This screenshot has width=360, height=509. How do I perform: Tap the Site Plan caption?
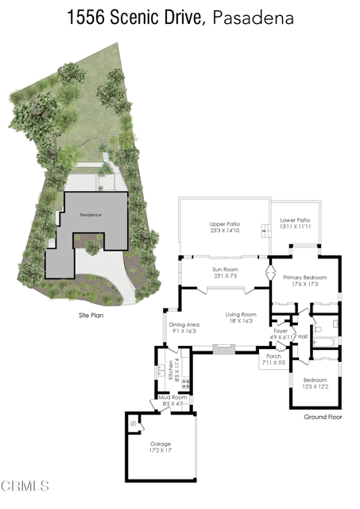87,315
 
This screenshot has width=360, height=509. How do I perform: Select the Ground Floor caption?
322,416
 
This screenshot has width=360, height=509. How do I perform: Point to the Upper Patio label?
225,224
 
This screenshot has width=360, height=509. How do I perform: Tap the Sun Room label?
225,270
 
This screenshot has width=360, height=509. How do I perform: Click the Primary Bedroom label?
300,277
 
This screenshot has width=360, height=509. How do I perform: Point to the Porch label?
273,356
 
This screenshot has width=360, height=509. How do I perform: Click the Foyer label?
280,330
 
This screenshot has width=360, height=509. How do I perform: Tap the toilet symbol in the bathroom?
316,328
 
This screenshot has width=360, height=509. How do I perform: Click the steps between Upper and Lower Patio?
265,231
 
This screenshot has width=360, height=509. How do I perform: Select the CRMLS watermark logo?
25,485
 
